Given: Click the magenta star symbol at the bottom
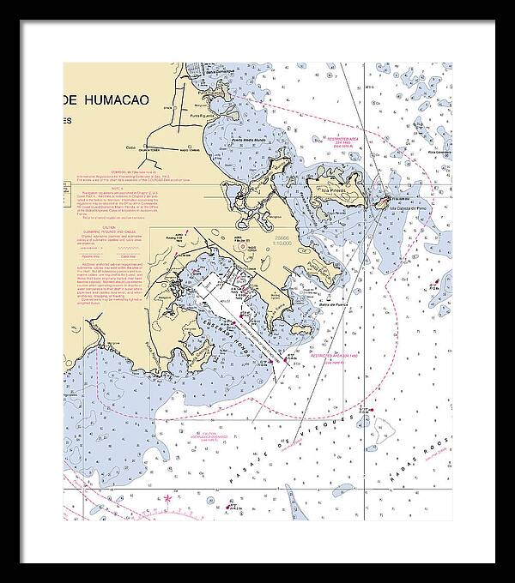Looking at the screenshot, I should pyautogui.click(x=168, y=498).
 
